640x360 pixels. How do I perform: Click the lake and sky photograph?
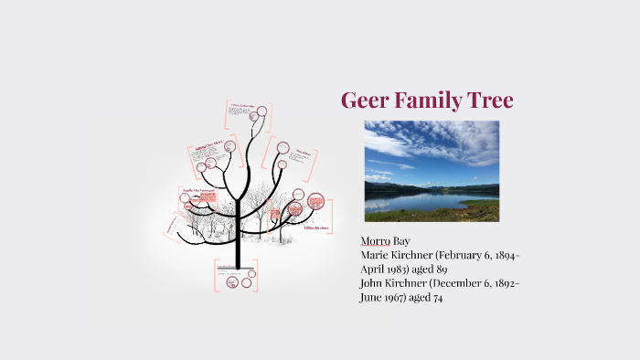[x=432, y=171]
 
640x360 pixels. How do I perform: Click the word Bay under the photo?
[x=401, y=240]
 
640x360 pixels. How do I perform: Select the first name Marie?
[x=376, y=255]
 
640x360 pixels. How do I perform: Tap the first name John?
[x=374, y=283]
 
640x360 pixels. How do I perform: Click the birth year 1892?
[x=503, y=283]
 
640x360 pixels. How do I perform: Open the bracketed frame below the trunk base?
[x=236, y=275]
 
